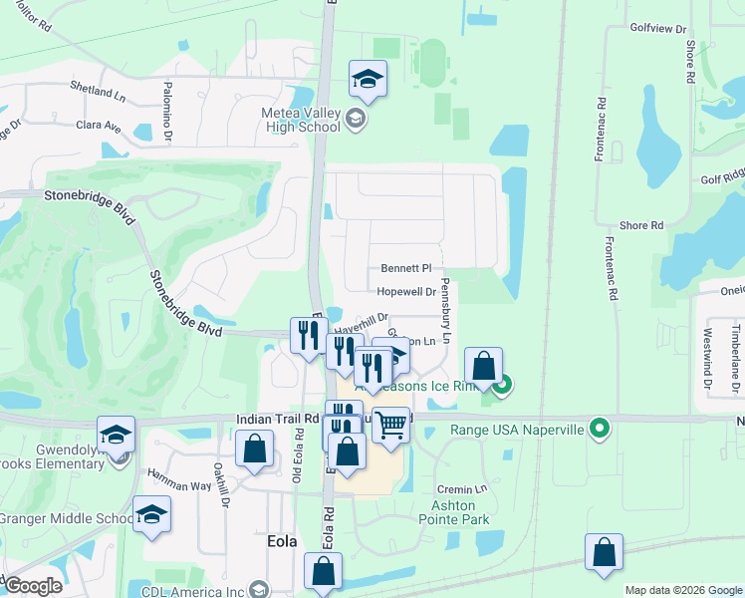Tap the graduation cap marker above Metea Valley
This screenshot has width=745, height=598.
click(x=368, y=79)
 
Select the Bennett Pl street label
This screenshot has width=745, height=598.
click(x=406, y=269)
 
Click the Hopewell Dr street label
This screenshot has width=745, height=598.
click(x=406, y=292)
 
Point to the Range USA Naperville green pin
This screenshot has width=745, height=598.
click(x=599, y=430)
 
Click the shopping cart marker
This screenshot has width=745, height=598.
click(x=391, y=425)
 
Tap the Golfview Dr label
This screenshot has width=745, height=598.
click(x=659, y=29)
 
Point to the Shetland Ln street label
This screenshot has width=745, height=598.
click(x=98, y=90)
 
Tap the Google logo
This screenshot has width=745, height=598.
click(x=33, y=586)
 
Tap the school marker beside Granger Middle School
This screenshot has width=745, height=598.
click(x=151, y=513)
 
